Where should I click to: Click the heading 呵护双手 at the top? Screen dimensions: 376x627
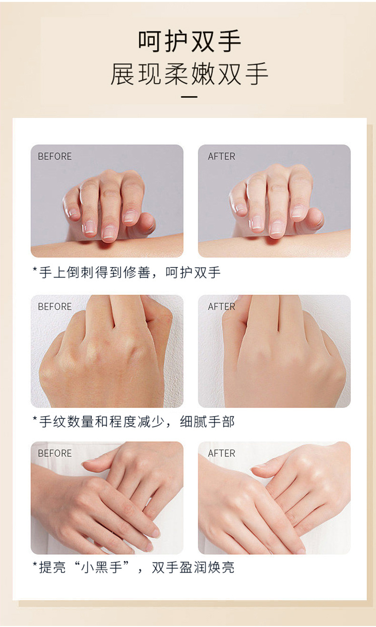pyautogui.click(x=189, y=41)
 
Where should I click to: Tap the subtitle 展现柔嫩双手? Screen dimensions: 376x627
pyautogui.click(x=189, y=74)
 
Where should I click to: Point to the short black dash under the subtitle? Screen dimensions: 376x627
pyautogui.click(x=189, y=97)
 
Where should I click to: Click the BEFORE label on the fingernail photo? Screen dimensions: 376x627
pyautogui.click(x=55, y=156)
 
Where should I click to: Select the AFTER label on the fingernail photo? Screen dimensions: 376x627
pyautogui.click(x=222, y=156)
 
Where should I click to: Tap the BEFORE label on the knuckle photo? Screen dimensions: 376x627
pyautogui.click(x=55, y=307)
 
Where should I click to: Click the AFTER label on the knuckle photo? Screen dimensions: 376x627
pyautogui.click(x=222, y=307)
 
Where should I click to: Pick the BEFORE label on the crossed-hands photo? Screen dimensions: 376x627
pyautogui.click(x=55, y=453)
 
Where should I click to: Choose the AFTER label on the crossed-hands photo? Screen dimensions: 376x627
pyautogui.click(x=222, y=453)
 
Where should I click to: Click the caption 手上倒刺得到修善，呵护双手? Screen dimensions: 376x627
pyautogui.click(x=127, y=272)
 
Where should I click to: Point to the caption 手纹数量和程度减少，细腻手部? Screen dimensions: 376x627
pyautogui.click(x=134, y=422)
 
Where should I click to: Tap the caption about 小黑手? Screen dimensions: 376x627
pyautogui.click(x=134, y=567)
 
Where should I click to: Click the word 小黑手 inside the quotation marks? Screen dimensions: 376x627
pyautogui.click(x=101, y=567)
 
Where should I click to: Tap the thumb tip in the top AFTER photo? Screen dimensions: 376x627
pyautogui.click(x=316, y=217)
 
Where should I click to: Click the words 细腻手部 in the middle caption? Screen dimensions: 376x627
pyautogui.click(x=208, y=422)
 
